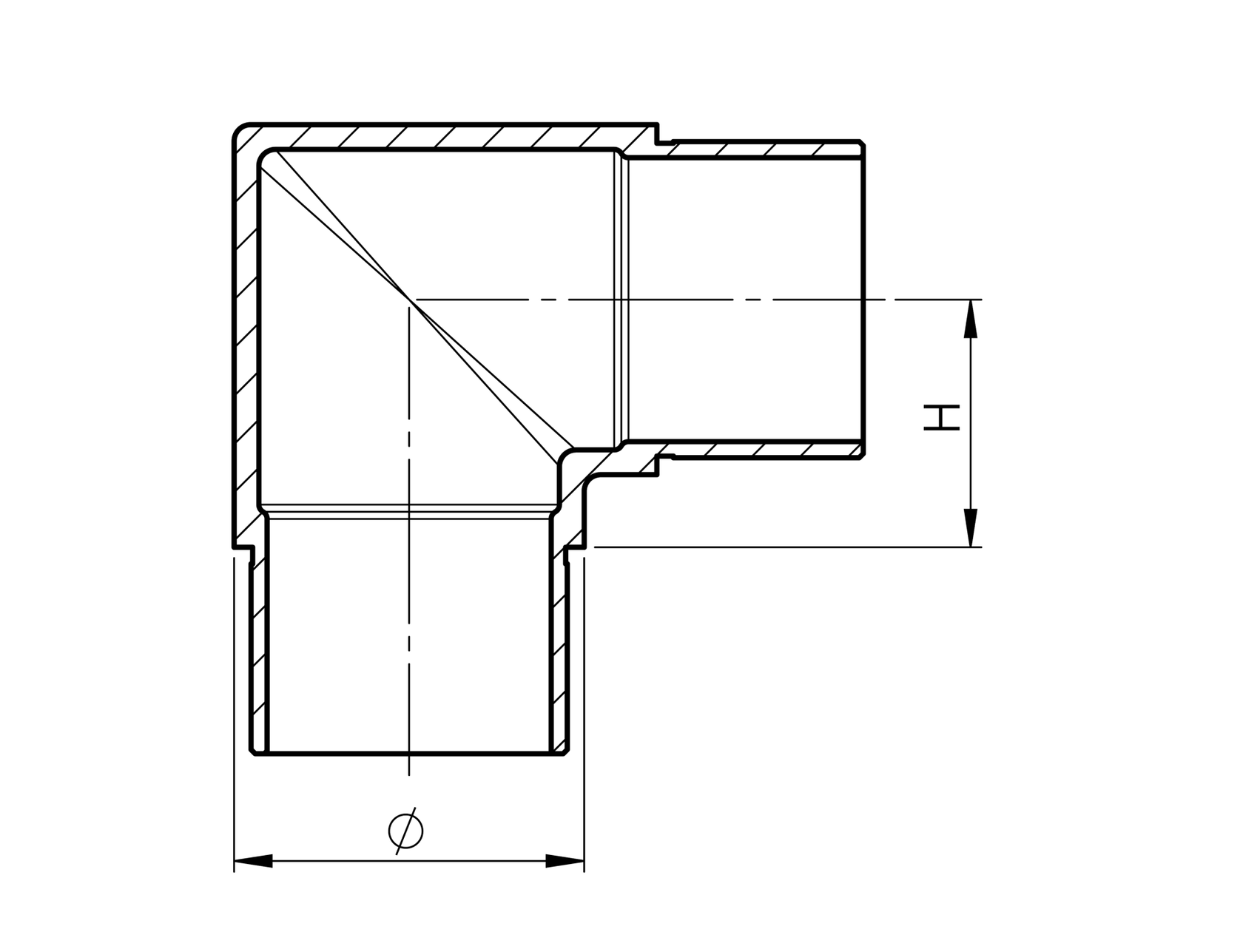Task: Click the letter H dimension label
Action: tap(940, 417)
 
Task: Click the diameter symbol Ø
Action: tap(406, 831)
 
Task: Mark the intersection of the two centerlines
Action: tap(409, 299)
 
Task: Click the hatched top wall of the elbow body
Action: tap(444, 137)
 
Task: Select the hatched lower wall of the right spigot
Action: tap(762, 449)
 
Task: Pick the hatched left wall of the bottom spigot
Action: tap(259, 651)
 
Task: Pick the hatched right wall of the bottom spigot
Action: tap(560, 651)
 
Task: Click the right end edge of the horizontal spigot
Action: tap(864, 299)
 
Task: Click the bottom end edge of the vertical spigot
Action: tap(409, 754)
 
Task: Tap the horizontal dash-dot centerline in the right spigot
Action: tap(740, 299)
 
